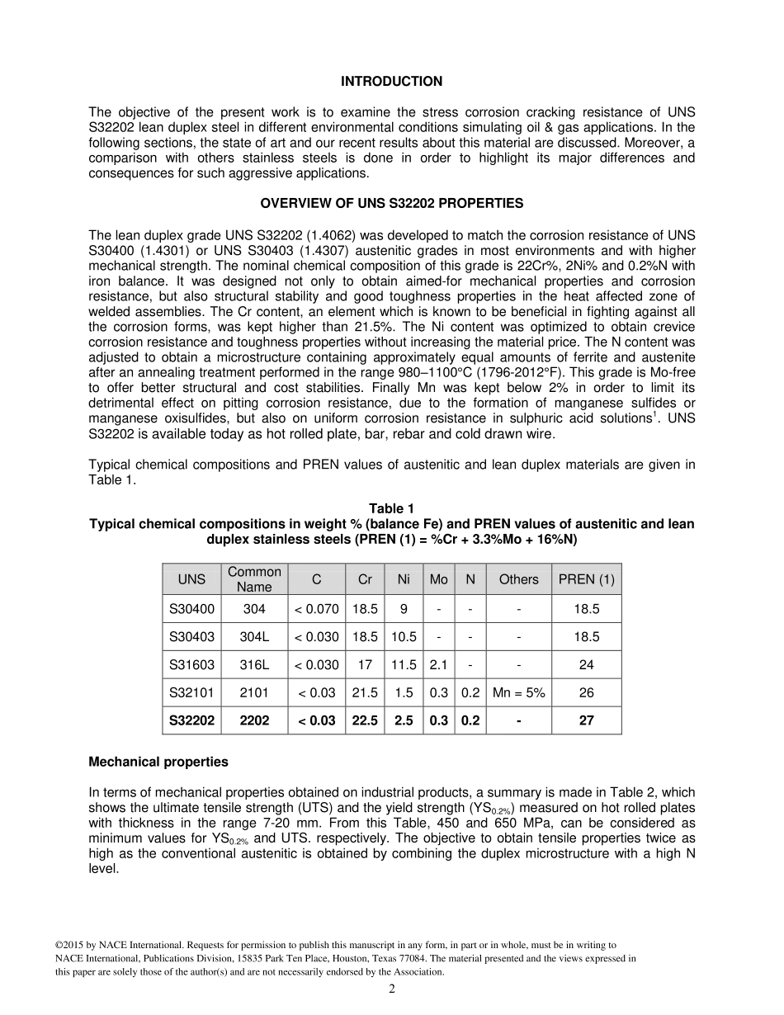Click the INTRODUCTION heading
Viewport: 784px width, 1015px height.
tap(391, 82)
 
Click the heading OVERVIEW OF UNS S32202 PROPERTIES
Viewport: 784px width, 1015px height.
tap(391, 203)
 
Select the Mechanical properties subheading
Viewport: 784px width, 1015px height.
tap(158, 762)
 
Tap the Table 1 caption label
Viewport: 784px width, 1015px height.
tap(391, 508)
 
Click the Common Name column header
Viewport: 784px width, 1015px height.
tap(254, 579)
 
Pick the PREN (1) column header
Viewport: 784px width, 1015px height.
tap(586, 579)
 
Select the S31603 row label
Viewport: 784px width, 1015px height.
tap(191, 665)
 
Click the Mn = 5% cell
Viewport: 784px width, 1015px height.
tap(518, 693)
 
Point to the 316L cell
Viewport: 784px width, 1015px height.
tap(254, 665)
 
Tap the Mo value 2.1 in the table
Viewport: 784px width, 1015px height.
tap(438, 665)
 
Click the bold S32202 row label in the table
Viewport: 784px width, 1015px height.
tap(191, 720)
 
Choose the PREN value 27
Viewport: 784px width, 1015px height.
tap(586, 720)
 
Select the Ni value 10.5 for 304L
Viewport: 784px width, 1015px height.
tap(404, 637)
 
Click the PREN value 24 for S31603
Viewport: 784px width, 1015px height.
tap(586, 665)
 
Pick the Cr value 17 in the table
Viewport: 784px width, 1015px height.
tap(365, 665)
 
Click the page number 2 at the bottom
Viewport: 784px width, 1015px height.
tap(392, 989)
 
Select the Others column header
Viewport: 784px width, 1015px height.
tap(518, 579)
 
